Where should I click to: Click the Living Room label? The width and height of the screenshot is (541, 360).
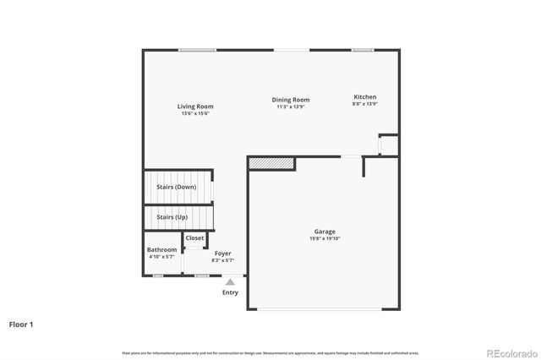coord(195,106)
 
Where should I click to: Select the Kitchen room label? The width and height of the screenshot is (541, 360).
coord(365,97)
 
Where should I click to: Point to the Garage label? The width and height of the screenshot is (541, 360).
coord(325,232)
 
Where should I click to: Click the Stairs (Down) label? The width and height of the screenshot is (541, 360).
coord(177,187)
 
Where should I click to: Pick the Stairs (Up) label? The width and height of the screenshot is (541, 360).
coord(172,217)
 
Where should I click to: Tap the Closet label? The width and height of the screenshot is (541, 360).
coord(194,238)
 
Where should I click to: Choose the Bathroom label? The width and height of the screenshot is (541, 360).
coord(161,249)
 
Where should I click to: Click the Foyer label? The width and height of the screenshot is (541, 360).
coord(222,254)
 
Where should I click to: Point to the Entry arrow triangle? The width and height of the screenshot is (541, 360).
coord(230,282)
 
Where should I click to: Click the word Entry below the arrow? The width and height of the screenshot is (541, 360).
coord(230,292)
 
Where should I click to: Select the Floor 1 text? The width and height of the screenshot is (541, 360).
coord(22,324)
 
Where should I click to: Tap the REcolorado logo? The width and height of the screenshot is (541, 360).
coord(510,352)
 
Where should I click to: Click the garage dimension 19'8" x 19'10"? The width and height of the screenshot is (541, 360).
coord(325,238)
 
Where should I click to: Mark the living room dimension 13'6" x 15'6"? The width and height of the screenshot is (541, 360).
coord(195,114)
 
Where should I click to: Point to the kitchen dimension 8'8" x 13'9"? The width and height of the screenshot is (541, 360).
coord(365,104)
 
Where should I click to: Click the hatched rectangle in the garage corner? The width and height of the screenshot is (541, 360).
coord(271,162)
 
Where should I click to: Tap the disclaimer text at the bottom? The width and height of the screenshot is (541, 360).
coord(270,352)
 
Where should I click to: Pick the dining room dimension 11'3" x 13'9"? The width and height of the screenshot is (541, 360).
coord(290,106)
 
